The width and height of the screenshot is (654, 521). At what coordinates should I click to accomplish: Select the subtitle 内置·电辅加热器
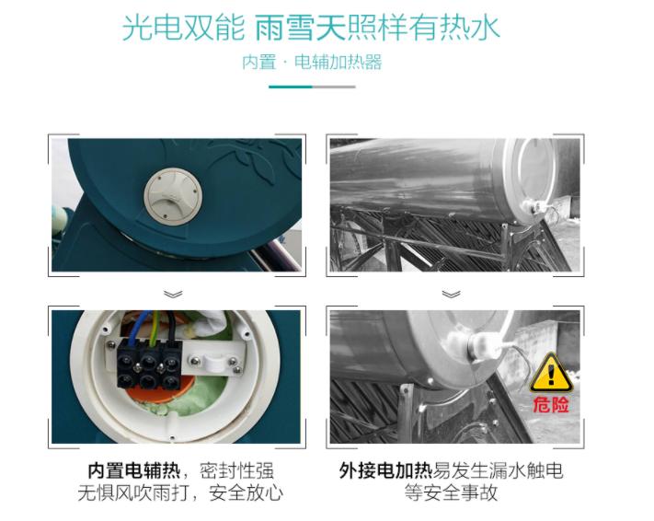pos(312,63)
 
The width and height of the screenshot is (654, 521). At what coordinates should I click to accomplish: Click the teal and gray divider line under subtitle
pos(312,87)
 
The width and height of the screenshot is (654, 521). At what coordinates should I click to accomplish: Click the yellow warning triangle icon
pos(550,370)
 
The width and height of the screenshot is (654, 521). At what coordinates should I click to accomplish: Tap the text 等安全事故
pos(451,494)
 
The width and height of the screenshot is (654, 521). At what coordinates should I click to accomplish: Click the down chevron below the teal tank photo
pos(174,294)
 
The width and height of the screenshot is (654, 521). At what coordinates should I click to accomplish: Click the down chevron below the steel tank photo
pos(451,294)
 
